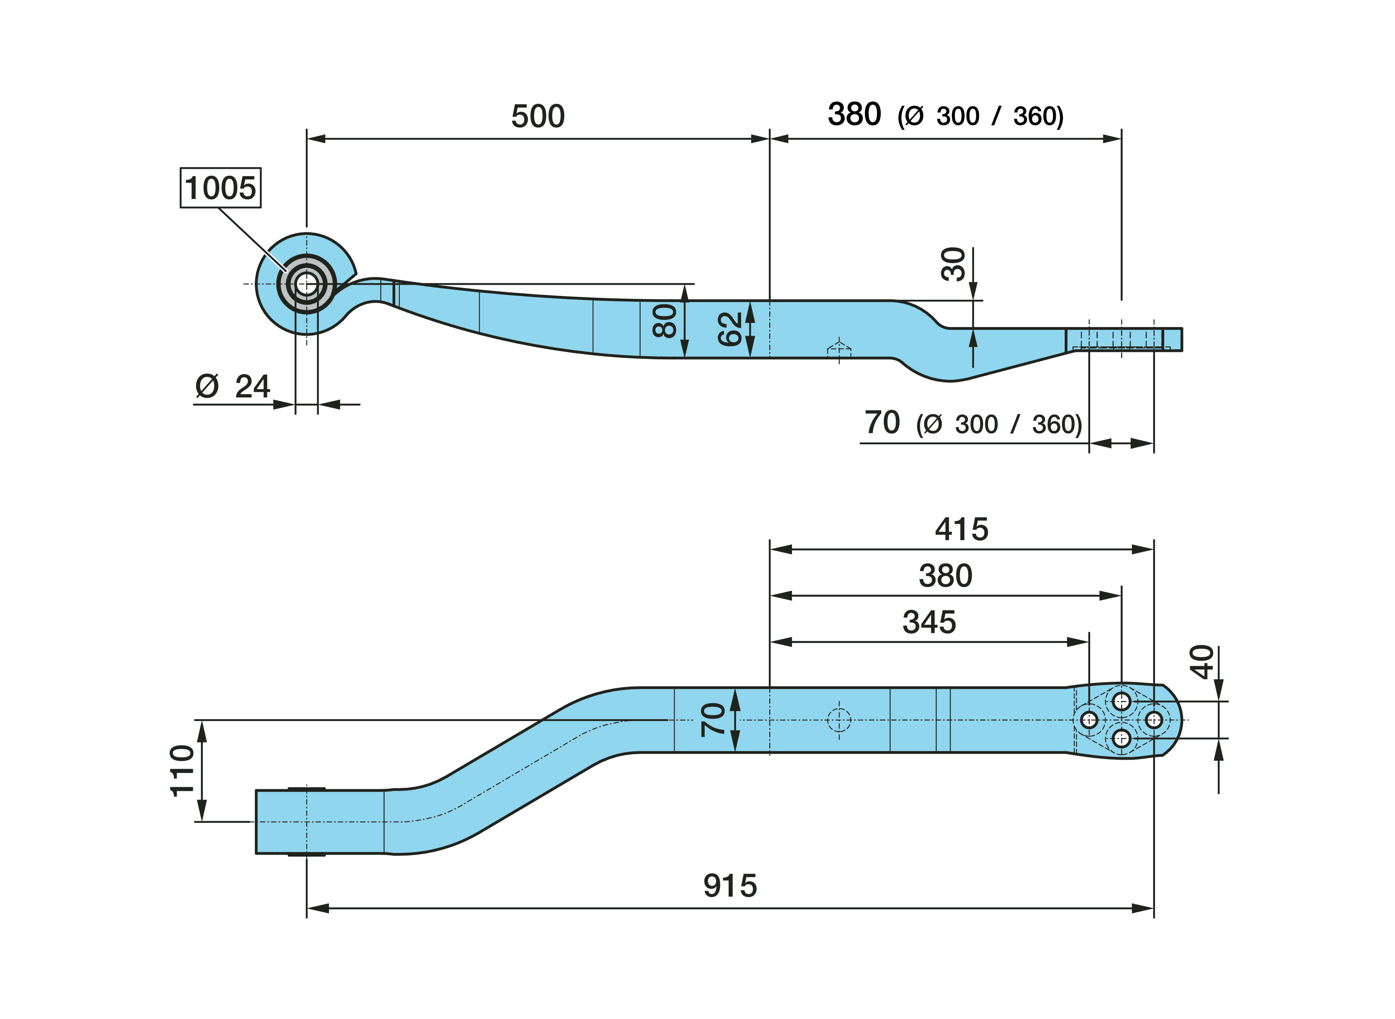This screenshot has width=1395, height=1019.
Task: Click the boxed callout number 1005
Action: click(x=220, y=187)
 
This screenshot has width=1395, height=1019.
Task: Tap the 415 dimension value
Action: click(x=962, y=529)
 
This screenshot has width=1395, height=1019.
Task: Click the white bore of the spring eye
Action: click(x=306, y=284)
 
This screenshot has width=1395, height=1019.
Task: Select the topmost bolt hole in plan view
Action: click(x=1121, y=701)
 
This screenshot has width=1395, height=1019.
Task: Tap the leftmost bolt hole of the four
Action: click(x=1089, y=720)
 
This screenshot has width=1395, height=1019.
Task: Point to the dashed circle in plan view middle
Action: click(x=839, y=720)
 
